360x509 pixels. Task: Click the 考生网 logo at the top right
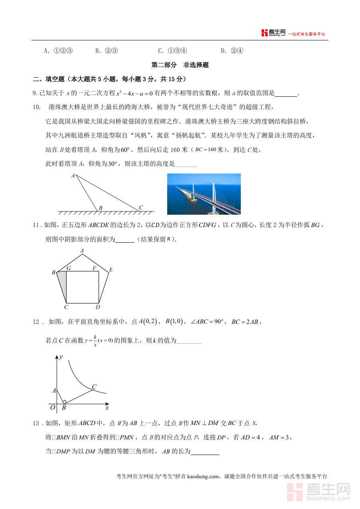tap(273, 33)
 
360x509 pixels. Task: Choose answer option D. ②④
tap(232, 51)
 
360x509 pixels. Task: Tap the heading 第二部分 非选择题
tap(180, 65)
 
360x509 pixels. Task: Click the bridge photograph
tap(204, 194)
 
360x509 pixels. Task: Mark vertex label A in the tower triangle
tap(73, 176)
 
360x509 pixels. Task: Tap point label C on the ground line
tap(140, 208)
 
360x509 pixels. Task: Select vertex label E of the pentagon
tap(111, 270)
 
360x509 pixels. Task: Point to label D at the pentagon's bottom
tap(98, 307)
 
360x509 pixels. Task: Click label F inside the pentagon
tap(94, 268)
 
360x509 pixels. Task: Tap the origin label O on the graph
tap(52, 407)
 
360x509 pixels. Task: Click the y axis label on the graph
tap(61, 357)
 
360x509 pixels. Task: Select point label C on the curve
tap(94, 387)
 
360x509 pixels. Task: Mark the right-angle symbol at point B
tap(64, 401)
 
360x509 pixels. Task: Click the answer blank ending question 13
tap(205, 452)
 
